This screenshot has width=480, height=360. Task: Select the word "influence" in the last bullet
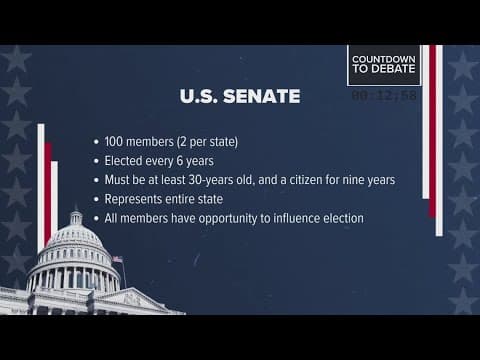(x=296, y=218)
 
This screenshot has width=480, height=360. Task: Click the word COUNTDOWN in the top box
(x=383, y=61)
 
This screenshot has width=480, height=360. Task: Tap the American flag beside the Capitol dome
(x=117, y=260)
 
